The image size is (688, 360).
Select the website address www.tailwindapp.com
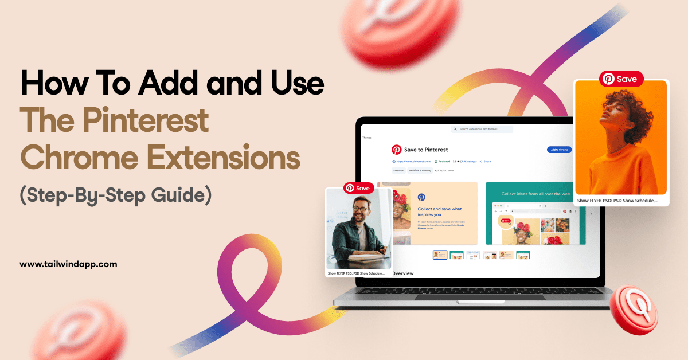[68, 264]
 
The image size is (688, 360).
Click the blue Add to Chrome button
[559, 150]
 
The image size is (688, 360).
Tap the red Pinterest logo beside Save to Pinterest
[397, 150]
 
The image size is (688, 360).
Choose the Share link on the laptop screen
[486, 162]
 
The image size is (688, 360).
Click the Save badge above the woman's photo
[621, 79]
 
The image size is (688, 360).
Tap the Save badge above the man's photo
[359, 187]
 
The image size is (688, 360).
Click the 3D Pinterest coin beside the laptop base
[633, 310]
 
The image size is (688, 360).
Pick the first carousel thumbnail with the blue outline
[440, 255]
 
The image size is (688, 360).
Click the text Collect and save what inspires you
[439, 212]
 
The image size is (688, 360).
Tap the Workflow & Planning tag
[420, 170]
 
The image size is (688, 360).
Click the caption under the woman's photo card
[617, 201]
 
